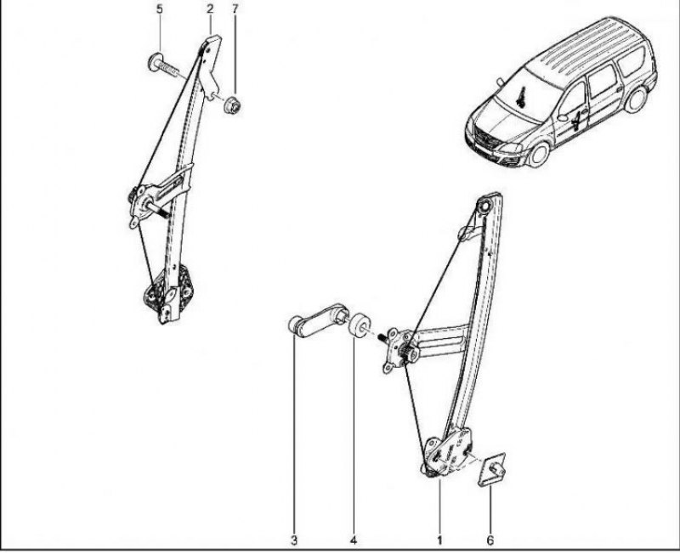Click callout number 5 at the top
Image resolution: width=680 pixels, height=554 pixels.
(160, 8)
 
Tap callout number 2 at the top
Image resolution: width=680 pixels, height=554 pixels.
(210, 8)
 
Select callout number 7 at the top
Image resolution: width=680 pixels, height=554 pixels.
(235, 8)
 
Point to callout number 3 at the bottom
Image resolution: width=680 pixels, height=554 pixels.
(294, 540)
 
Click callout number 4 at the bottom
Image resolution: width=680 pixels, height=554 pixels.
(354, 540)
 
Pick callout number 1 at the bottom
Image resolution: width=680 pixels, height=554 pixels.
(440, 540)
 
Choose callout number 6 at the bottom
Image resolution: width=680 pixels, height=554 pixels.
(490, 540)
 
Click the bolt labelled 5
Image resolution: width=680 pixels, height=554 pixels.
(163, 65)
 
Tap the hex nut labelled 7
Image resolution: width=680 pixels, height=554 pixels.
(233, 105)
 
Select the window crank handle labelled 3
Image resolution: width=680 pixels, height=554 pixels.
(318, 320)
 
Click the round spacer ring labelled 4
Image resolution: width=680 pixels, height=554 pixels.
(360, 326)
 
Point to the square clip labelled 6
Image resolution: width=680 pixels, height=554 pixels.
(492, 469)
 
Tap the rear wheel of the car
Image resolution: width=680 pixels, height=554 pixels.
(636, 99)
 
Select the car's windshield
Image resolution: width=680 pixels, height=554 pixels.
(528, 96)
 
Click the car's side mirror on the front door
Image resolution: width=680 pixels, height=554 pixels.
(563, 117)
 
